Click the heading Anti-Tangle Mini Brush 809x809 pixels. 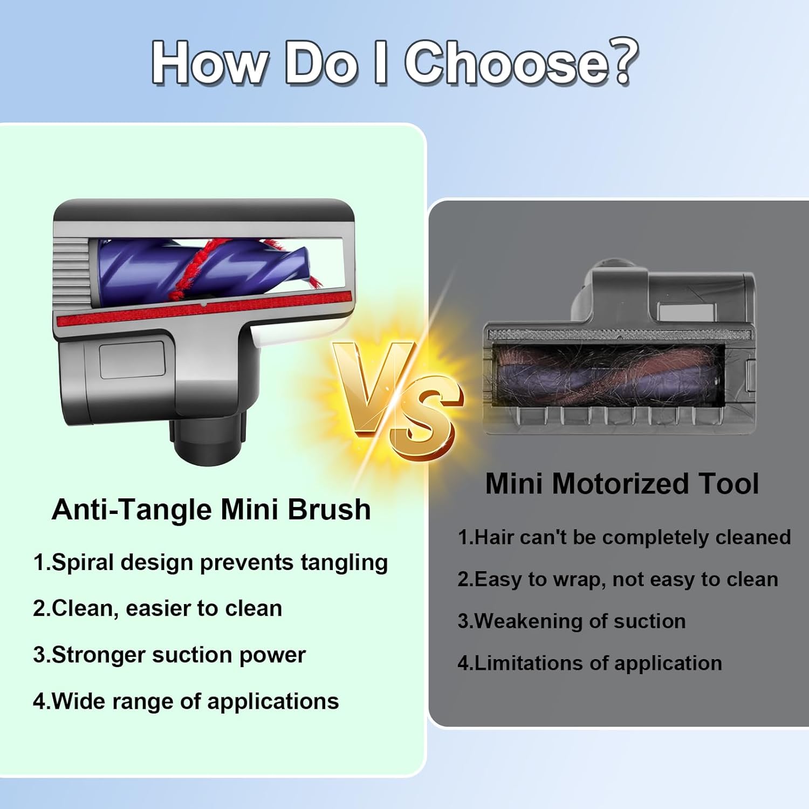pyautogui.click(x=211, y=509)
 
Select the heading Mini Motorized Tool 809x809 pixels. pyautogui.click(x=622, y=483)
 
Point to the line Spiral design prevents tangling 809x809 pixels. pyautogui.click(x=210, y=562)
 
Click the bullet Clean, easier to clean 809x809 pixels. pyautogui.click(x=157, y=608)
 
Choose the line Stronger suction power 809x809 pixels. pyautogui.click(x=169, y=655)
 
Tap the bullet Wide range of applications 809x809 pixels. pyautogui.click(x=186, y=701)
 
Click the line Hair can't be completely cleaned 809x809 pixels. pyautogui.click(x=624, y=537)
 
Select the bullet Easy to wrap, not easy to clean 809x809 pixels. pyautogui.click(x=618, y=579)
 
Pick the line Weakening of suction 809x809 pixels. pyautogui.click(x=572, y=621)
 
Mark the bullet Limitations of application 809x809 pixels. pyautogui.click(x=589, y=663)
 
